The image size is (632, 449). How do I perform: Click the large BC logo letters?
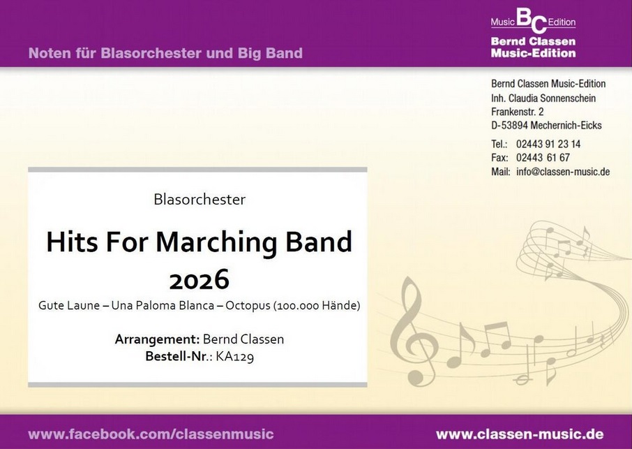pyautogui.click(x=532, y=20)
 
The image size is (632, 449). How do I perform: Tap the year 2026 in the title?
pyautogui.click(x=199, y=279)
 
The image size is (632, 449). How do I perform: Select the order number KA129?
pyautogui.click(x=235, y=357)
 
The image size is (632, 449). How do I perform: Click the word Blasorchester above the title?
pyautogui.click(x=200, y=199)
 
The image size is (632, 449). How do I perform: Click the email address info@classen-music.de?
pyautogui.click(x=563, y=172)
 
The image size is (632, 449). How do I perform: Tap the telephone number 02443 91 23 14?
pyautogui.click(x=548, y=144)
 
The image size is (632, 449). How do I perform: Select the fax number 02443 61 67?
pyautogui.click(x=543, y=158)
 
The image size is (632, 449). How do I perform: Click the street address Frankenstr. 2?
pyautogui.click(x=517, y=111)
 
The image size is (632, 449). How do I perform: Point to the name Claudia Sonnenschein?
pyautogui.click(x=552, y=98)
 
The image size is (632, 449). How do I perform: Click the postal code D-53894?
pyautogui.click(x=509, y=126)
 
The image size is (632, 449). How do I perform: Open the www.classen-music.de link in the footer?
pyautogui.click(x=520, y=434)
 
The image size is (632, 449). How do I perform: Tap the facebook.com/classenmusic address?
pyautogui.click(x=151, y=434)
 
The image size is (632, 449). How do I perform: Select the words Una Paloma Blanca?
pyautogui.click(x=163, y=305)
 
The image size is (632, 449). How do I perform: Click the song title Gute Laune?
pyautogui.click(x=69, y=305)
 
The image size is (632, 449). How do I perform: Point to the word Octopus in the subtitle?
pyautogui.click(x=248, y=306)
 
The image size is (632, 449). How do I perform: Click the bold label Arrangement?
pyautogui.click(x=157, y=339)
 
